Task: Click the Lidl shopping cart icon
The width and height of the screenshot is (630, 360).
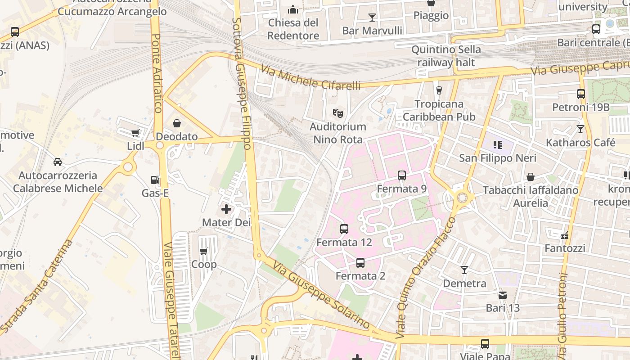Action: tap(135, 133)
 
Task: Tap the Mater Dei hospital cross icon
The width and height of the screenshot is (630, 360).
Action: tap(226, 209)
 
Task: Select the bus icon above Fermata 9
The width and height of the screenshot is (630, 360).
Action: tap(402, 175)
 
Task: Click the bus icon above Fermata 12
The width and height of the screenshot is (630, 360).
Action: tap(344, 229)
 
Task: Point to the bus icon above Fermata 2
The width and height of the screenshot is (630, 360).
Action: tap(360, 263)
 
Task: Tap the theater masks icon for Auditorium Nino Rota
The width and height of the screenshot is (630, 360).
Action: tap(337, 113)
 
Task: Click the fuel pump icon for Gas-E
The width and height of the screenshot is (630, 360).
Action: tap(155, 180)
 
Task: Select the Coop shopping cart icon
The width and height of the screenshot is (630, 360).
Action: tap(204, 251)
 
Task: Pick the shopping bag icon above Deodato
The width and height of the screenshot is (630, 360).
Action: tap(177, 123)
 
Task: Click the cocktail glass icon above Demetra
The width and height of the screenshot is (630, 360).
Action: tap(464, 270)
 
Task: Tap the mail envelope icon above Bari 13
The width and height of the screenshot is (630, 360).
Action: tap(503, 295)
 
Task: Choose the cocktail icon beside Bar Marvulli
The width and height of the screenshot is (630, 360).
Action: tap(372, 18)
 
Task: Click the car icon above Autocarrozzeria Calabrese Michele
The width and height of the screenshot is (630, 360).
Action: tap(58, 162)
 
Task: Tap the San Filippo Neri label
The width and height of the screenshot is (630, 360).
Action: tap(497, 158)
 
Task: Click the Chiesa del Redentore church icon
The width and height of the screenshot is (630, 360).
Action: tap(293, 9)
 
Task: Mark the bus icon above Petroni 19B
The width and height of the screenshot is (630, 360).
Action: tap(581, 94)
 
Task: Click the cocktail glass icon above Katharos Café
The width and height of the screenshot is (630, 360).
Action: tap(580, 129)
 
